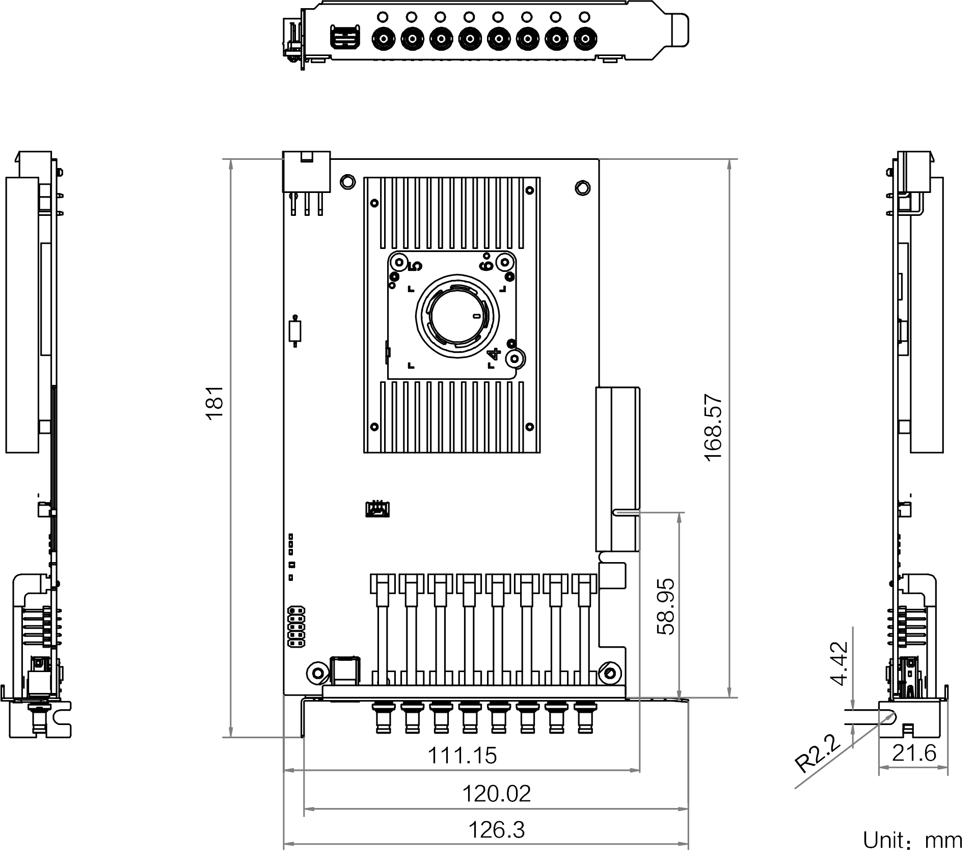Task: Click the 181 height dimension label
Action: (215, 402)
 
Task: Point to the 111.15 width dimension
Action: (462, 755)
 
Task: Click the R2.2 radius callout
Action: (817, 754)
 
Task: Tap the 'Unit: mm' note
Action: (912, 841)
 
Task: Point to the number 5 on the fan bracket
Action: (415, 266)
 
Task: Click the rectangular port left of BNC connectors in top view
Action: (345, 38)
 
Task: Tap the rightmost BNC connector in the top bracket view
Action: (585, 38)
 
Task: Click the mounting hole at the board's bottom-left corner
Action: (316, 673)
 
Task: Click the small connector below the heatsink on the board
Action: (377, 509)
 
